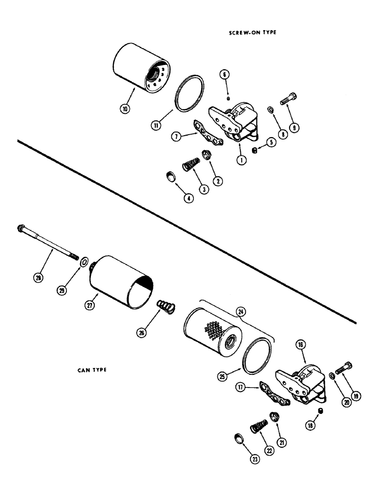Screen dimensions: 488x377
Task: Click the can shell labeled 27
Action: (x=122, y=288)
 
